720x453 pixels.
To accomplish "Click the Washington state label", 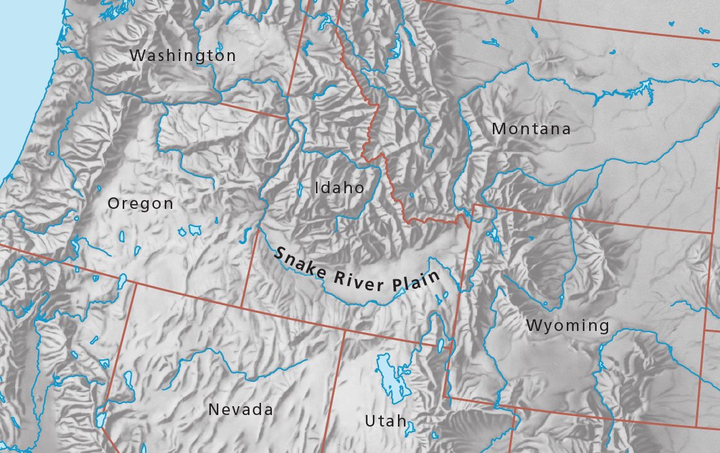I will tap(182, 56).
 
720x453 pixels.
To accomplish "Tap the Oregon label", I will tap(140, 203).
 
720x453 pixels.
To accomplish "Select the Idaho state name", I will tap(339, 188).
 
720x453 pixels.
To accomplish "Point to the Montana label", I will tap(531, 129).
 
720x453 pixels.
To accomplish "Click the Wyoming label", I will tap(567, 326).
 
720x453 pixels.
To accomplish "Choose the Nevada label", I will tap(241, 410).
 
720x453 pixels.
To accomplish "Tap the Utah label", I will tap(386, 421).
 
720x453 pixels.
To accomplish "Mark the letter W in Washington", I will tap(137, 56).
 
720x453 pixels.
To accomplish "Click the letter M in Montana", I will tap(498, 129).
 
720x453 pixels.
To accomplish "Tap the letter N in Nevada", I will tap(214, 410).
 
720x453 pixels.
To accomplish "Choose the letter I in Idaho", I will tap(317, 188).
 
